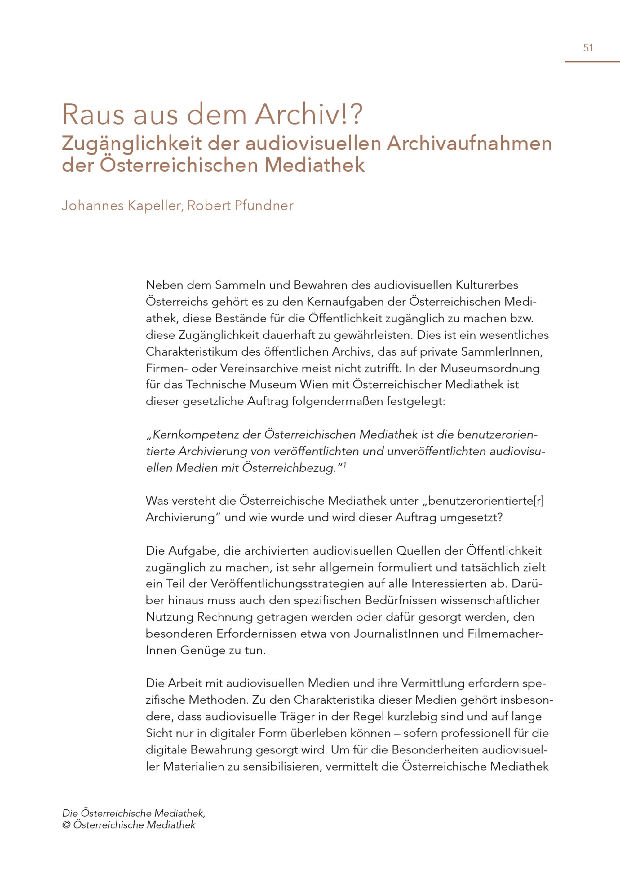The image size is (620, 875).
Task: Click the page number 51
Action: (x=588, y=48)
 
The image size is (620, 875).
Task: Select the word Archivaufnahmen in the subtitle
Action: (x=470, y=144)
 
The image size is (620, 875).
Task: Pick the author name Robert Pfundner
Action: (x=240, y=206)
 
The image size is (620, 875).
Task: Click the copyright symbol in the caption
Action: (x=66, y=825)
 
